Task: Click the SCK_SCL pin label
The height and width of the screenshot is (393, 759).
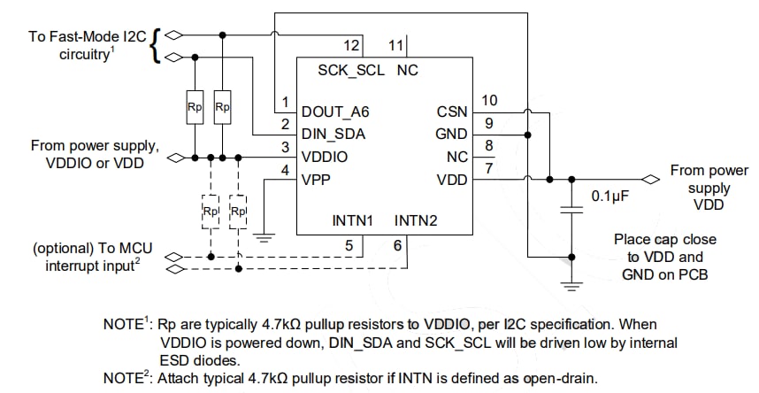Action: [351, 70]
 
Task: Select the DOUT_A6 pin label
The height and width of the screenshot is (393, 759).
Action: [337, 112]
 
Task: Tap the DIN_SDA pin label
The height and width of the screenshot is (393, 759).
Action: [333, 135]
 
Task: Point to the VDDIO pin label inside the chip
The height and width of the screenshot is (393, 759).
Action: [324, 157]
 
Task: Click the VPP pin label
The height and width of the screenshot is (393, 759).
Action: [317, 179]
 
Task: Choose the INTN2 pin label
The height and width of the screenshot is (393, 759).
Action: [416, 219]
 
